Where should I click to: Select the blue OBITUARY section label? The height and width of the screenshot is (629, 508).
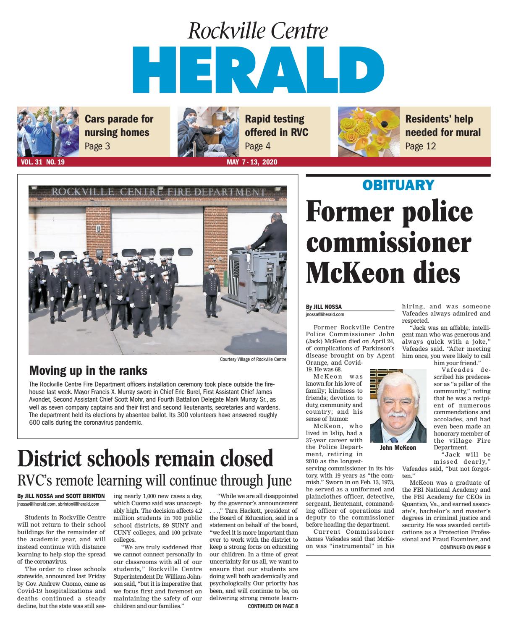point(398,185)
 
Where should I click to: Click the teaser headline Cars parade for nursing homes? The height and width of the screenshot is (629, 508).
point(119,125)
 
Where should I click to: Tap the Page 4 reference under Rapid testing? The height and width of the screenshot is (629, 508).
point(257,146)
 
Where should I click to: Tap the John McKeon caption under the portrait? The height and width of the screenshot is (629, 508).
point(398,448)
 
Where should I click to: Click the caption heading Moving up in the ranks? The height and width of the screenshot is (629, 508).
point(88,371)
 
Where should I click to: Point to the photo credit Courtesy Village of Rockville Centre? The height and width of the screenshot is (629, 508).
point(253,360)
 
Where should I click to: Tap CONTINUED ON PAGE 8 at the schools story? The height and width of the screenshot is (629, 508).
point(272,606)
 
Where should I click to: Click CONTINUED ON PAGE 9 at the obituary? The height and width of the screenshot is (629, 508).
point(465,547)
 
